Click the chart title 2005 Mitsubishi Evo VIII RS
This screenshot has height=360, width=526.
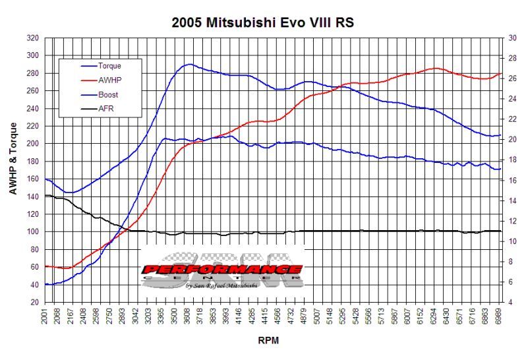263,22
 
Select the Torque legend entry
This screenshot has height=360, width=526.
109,65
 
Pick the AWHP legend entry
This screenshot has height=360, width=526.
109,80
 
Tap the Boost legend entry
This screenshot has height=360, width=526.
108,94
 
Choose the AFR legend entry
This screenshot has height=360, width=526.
105,109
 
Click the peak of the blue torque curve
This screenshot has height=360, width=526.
190,64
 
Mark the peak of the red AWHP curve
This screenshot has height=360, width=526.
436,68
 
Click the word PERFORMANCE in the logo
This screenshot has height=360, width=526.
222,270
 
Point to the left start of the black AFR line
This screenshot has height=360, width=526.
45,195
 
